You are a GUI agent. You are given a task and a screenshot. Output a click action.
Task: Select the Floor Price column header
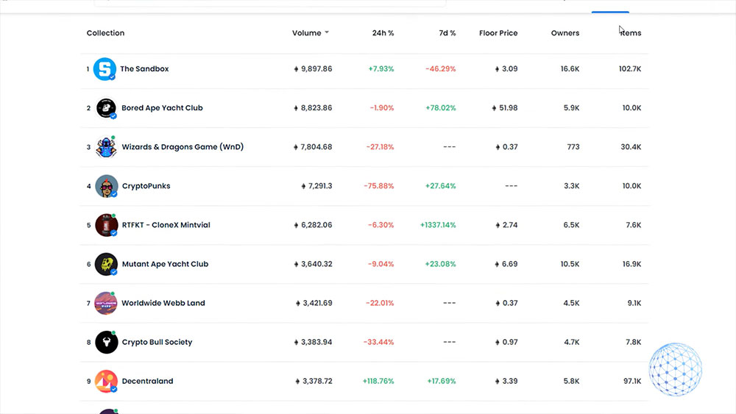pos(498,33)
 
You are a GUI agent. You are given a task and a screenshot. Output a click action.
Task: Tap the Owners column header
pos(565,33)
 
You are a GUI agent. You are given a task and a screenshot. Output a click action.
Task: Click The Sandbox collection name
pos(144,69)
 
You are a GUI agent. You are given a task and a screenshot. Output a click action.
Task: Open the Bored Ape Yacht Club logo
pos(106,108)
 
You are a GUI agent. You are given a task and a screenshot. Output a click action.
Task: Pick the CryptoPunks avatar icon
pos(106,186)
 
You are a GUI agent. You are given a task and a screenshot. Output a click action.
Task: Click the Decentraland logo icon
pos(106,381)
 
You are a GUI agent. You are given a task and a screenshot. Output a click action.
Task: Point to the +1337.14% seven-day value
pos(437,225)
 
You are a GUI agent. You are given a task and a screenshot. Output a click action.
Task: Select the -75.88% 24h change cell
pos(380,186)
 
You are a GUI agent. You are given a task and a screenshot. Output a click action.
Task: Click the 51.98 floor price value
pos(507,108)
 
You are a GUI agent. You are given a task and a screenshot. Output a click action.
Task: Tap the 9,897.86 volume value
pos(316,69)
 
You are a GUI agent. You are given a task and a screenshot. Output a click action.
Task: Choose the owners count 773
pos(573,147)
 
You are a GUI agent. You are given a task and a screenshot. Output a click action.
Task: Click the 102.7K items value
pos(629,69)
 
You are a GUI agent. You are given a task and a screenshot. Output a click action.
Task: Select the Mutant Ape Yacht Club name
pos(165,264)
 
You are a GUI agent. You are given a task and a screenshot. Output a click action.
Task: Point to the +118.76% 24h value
pos(378,381)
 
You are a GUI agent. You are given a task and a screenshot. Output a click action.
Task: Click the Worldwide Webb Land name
pos(163,303)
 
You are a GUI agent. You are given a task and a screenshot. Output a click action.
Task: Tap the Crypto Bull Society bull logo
pos(106,342)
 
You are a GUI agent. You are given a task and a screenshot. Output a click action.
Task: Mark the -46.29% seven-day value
pos(440,69)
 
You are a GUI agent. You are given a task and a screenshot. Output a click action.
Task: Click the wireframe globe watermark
pos(675,369)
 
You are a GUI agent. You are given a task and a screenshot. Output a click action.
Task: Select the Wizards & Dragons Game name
pos(183,147)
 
